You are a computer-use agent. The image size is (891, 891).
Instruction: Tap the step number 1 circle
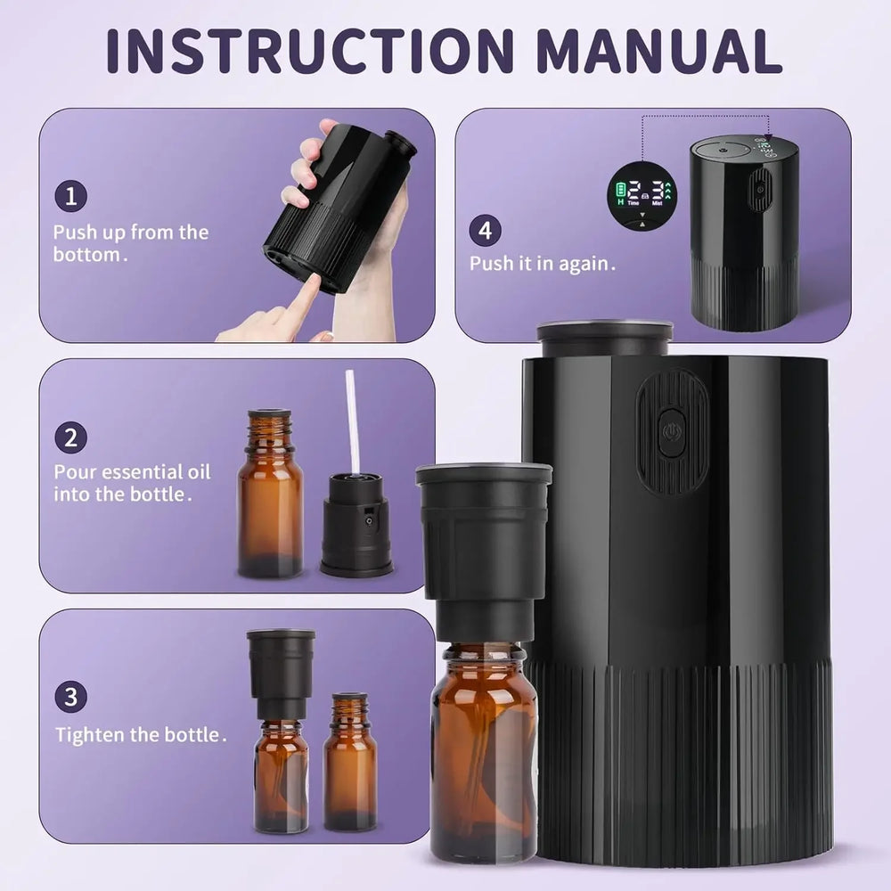(70, 196)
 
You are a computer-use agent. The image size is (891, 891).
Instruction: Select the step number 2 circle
(70, 437)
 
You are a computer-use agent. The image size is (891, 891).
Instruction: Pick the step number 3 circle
(70, 696)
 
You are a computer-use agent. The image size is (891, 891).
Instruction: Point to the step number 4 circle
(485, 231)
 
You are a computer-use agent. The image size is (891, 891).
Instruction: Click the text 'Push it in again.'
(543, 264)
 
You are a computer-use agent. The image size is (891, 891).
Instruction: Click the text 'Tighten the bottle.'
(141, 735)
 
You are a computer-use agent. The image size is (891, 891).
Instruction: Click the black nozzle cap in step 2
(356, 526)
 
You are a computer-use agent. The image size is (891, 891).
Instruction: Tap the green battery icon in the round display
(619, 188)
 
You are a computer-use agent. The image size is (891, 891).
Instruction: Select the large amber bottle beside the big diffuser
(484, 748)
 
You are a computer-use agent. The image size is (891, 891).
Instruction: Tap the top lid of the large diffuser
(604, 337)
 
